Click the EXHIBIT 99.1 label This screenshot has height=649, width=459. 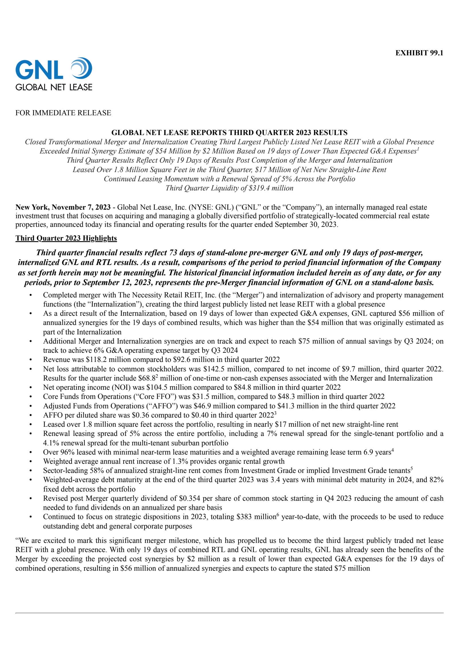[419, 53]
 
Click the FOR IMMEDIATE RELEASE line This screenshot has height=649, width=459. [63, 113]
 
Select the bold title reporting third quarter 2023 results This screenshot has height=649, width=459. [229, 132]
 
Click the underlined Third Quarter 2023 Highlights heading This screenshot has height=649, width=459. [66, 238]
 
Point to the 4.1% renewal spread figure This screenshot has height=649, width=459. [51, 443]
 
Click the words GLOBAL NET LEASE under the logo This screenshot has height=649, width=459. [54, 87]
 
